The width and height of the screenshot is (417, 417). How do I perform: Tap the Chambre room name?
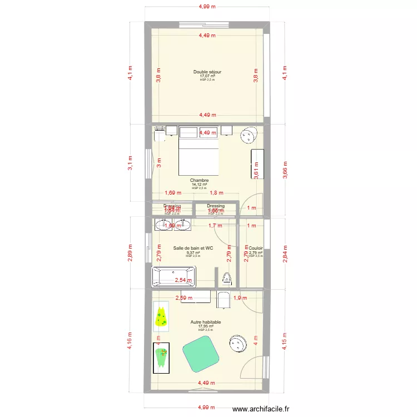[x=198, y=180]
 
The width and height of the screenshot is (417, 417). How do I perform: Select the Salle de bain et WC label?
[x=193, y=248]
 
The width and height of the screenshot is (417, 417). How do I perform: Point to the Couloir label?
[x=256, y=249]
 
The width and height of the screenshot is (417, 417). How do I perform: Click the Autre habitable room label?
[x=205, y=322]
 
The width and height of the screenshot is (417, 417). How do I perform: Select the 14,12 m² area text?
[x=198, y=184]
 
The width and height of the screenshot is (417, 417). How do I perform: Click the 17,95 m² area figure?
[x=205, y=326]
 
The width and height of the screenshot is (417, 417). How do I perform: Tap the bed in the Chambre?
[x=198, y=156]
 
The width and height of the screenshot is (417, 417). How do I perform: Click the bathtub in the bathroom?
[x=173, y=277]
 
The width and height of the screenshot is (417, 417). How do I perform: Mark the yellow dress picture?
[x=161, y=316]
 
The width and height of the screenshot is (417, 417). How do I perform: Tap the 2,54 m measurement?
[x=183, y=281]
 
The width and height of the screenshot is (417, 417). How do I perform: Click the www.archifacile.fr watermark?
[x=261, y=409]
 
